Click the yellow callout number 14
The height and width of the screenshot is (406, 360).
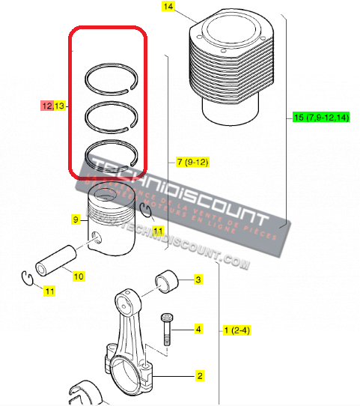[x=167, y=7]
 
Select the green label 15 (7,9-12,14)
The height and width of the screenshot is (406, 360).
[x=321, y=118]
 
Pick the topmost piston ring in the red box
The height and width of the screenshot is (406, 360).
[x=110, y=77]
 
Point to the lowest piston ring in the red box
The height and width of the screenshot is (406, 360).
[x=110, y=155]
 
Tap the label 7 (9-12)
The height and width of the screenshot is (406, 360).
[x=192, y=161]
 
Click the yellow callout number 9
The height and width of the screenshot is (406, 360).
[x=76, y=219]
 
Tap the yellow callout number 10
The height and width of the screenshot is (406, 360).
[x=79, y=276]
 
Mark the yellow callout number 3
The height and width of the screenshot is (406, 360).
[x=198, y=280]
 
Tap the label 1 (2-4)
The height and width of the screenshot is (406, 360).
[x=237, y=330]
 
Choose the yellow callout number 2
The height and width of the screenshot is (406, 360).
[x=200, y=375]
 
